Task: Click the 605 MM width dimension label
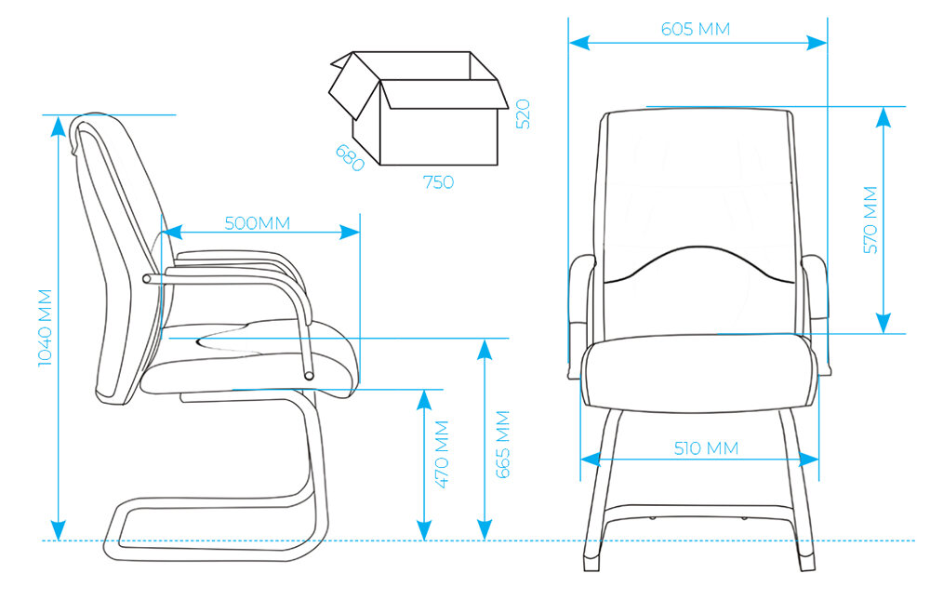[696, 29]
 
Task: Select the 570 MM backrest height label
[870, 220]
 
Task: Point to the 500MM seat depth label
[258, 223]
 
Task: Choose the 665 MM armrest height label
[503, 444]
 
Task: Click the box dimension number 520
[522, 113]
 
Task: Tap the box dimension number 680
[350, 157]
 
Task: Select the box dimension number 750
[439, 182]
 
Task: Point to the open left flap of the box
[352, 87]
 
